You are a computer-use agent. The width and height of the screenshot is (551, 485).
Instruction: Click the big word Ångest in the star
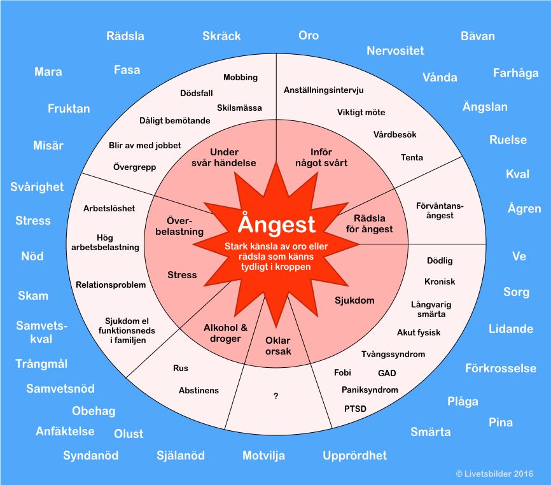point(277,224)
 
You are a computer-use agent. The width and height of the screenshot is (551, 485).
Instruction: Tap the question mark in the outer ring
point(276,396)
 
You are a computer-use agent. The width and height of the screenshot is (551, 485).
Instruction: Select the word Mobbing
point(241,78)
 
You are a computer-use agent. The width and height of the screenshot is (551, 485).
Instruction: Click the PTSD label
point(355,409)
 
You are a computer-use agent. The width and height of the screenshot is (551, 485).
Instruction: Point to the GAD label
point(387,373)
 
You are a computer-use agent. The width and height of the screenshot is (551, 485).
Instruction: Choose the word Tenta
point(412,157)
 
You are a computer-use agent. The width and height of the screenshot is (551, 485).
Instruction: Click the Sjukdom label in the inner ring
point(354,300)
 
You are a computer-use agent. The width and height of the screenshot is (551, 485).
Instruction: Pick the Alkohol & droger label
point(225,333)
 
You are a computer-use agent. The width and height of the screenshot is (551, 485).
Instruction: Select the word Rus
point(181,368)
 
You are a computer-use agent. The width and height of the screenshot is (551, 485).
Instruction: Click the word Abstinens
point(199,390)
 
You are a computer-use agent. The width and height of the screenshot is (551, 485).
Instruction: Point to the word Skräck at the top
point(221,36)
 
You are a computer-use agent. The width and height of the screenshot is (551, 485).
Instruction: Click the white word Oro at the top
point(309,36)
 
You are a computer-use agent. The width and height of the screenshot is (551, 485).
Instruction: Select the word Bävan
point(477,36)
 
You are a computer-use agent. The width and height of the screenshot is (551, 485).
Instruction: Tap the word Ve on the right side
point(519,257)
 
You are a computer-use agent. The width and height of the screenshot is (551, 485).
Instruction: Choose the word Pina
point(501,422)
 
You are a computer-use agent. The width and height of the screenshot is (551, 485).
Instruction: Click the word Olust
point(129,433)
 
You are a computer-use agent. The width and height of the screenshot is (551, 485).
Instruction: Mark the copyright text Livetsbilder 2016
point(494,474)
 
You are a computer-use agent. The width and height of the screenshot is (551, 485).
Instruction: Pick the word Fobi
point(342,373)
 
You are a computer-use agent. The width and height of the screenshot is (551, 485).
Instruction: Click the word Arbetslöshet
point(109,209)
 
